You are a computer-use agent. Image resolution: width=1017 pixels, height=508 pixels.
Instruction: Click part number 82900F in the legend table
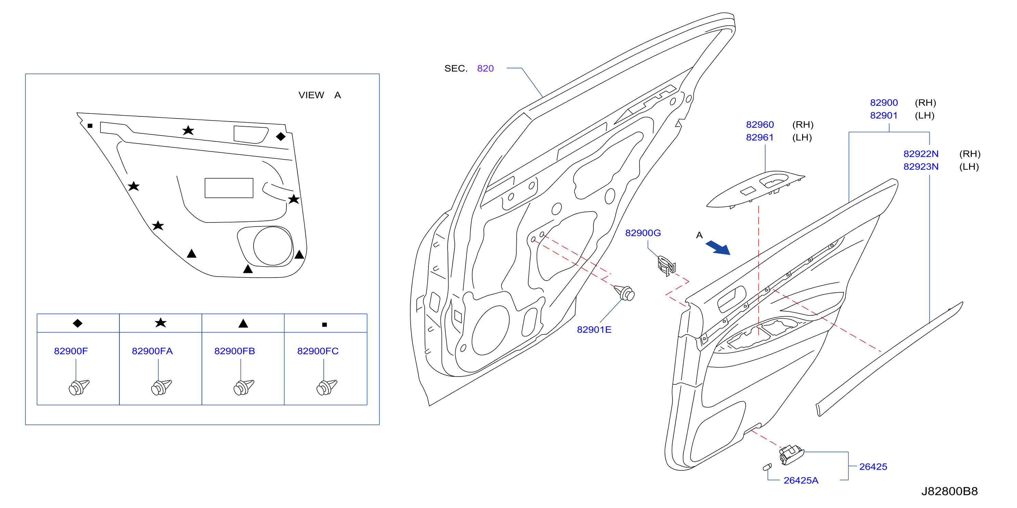71,351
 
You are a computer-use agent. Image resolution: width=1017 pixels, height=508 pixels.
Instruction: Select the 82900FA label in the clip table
152,351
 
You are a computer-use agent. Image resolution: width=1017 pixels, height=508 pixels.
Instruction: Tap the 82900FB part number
234,351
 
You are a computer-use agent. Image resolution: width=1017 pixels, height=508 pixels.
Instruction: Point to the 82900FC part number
318,351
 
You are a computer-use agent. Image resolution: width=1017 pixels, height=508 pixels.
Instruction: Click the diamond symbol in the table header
78,323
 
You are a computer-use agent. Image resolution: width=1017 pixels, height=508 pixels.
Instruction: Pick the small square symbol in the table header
324,325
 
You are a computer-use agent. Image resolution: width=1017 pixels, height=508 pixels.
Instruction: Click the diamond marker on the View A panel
281,137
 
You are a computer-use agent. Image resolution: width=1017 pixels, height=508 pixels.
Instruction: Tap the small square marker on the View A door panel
90,126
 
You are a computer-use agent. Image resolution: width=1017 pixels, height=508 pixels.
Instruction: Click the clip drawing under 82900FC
326,387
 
